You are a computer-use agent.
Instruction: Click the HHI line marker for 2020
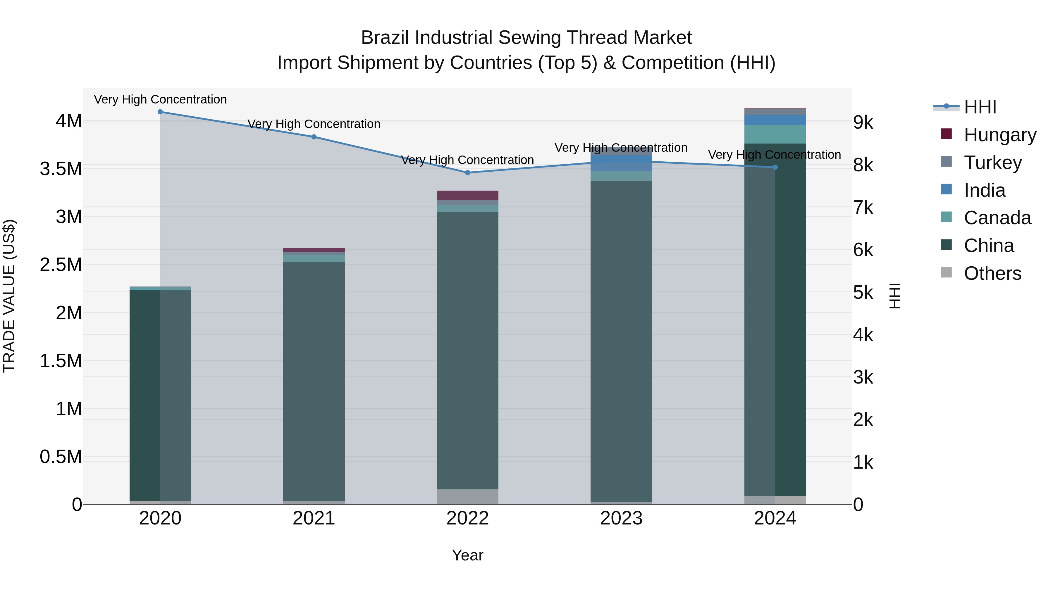click(x=160, y=112)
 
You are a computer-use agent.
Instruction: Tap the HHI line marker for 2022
click(x=468, y=172)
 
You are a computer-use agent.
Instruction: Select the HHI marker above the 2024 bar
click(x=775, y=167)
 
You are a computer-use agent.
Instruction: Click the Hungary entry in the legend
click(x=1000, y=135)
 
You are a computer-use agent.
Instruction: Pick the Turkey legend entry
click(x=992, y=162)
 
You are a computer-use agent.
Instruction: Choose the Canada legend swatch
click(x=946, y=217)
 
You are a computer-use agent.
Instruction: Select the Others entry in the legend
click(x=992, y=273)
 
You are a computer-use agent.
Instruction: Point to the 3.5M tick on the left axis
click(x=61, y=169)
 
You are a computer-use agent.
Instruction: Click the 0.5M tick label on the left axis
click(x=61, y=457)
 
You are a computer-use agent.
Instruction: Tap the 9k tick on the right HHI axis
click(x=863, y=122)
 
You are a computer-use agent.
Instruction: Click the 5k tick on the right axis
click(x=863, y=293)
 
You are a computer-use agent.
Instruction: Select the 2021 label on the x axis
click(x=314, y=518)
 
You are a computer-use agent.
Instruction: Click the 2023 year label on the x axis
click(x=621, y=518)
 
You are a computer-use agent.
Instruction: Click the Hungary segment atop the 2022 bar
click(x=468, y=195)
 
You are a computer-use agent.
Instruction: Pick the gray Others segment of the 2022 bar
click(x=468, y=496)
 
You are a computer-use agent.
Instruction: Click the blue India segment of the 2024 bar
click(x=775, y=120)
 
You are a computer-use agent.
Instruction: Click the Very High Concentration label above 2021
click(x=314, y=124)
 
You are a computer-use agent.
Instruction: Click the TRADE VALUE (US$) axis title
click(x=9, y=296)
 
